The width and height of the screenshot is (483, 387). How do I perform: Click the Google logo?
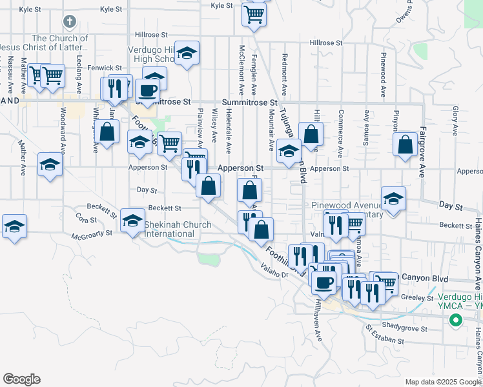21,379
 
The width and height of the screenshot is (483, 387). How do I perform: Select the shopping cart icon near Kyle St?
255,14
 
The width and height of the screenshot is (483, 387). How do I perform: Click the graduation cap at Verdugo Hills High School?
187,54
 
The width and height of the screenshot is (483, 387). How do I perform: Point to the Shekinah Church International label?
178,228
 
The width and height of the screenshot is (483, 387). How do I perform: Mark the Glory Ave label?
455,121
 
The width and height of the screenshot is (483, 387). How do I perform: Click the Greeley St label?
420,298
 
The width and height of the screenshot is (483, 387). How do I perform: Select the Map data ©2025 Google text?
442,382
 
